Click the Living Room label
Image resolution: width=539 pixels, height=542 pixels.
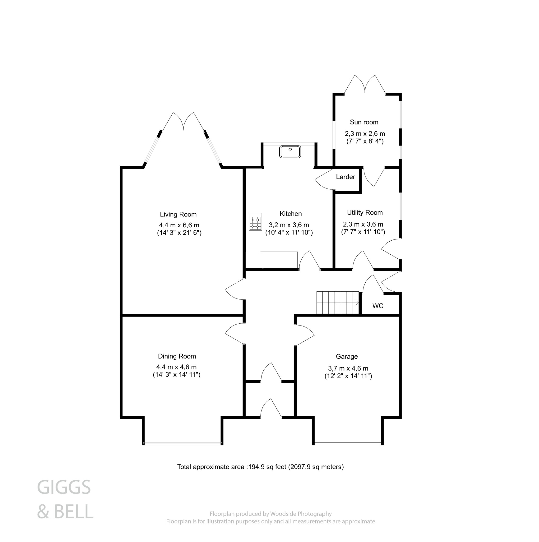coord(178,215)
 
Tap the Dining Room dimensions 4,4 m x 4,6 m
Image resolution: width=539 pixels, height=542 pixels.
coord(177,367)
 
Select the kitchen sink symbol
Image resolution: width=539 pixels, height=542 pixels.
coord(290,152)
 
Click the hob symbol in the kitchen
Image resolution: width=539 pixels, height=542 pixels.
coord(255,222)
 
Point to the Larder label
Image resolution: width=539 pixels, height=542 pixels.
coord(345,177)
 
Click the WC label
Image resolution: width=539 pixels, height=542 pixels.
coord(378,306)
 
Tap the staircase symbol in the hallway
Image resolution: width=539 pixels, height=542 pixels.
coord(338,302)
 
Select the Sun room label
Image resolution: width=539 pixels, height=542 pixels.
coord(364,122)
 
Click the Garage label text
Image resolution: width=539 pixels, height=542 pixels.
coord(347,356)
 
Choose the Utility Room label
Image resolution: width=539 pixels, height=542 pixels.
coord(365,213)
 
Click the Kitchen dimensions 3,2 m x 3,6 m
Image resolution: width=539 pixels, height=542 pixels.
coord(289,225)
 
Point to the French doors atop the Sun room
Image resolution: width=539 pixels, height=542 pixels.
coord(365,84)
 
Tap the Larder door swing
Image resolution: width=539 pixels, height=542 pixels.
coord(323,179)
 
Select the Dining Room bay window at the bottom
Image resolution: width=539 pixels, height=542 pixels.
coord(183,443)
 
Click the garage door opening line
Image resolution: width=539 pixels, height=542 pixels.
coord(348,443)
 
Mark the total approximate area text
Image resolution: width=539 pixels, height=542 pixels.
coord(260,467)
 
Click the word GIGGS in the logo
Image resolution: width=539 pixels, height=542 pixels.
coord(64,487)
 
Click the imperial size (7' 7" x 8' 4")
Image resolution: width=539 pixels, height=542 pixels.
coord(365,141)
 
